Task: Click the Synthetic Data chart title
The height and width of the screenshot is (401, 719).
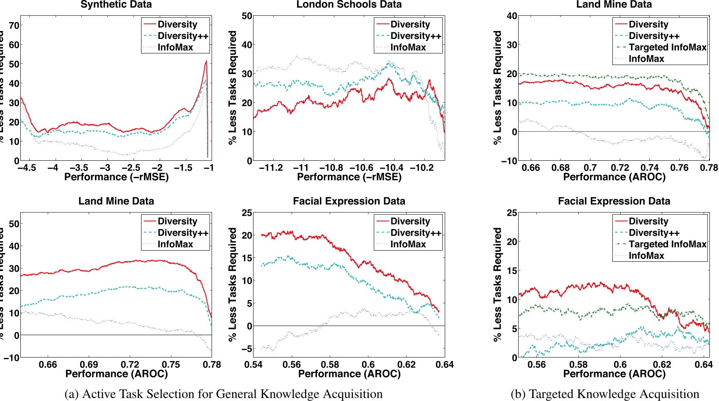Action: (x=116, y=5)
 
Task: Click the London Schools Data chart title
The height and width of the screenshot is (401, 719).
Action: (x=349, y=5)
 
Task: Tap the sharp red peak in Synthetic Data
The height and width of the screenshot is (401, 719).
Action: (x=206, y=62)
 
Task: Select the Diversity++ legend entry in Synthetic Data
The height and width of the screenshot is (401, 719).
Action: (x=183, y=36)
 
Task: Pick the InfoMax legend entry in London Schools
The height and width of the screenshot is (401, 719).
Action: (x=408, y=48)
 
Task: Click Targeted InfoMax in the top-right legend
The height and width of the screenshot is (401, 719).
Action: (x=667, y=48)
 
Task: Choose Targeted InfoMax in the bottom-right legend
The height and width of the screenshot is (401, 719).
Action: (x=667, y=244)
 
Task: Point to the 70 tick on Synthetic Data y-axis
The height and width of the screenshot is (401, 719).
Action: (x=14, y=25)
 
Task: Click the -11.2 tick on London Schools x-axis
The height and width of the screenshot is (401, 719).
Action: (x=271, y=168)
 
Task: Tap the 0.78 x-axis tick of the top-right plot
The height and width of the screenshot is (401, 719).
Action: (x=709, y=168)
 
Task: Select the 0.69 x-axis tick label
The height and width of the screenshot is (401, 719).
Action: (x=89, y=365)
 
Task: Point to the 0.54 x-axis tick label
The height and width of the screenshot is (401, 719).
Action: (x=253, y=365)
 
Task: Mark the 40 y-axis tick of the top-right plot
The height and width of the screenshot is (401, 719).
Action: (x=512, y=16)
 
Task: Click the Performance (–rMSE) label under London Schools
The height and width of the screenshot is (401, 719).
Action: (x=349, y=177)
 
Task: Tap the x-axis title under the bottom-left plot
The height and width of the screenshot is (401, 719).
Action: (x=116, y=374)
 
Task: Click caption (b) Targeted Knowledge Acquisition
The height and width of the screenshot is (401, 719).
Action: (x=604, y=394)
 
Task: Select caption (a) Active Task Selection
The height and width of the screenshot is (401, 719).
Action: (x=223, y=394)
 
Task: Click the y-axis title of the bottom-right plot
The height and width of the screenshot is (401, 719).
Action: (x=497, y=285)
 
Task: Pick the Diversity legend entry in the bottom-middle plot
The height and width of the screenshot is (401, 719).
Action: (x=410, y=221)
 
